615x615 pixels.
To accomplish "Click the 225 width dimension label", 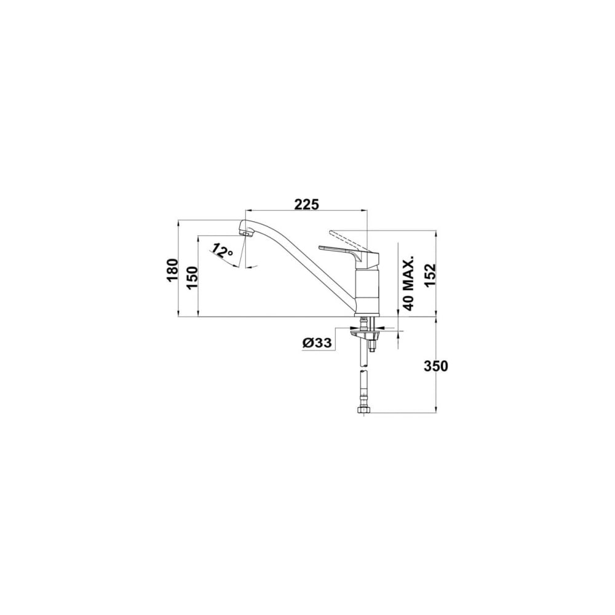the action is pos(306,204).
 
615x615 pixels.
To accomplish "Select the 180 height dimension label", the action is pos(172,270).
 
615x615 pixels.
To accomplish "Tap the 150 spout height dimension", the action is pos(192,277).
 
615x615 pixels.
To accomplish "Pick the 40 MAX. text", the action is pos(408,283).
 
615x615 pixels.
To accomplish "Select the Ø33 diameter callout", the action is pos(317,343).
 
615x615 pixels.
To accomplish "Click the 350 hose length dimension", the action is pos(436,366).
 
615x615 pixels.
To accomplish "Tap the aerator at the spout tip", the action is pos(247,234).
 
